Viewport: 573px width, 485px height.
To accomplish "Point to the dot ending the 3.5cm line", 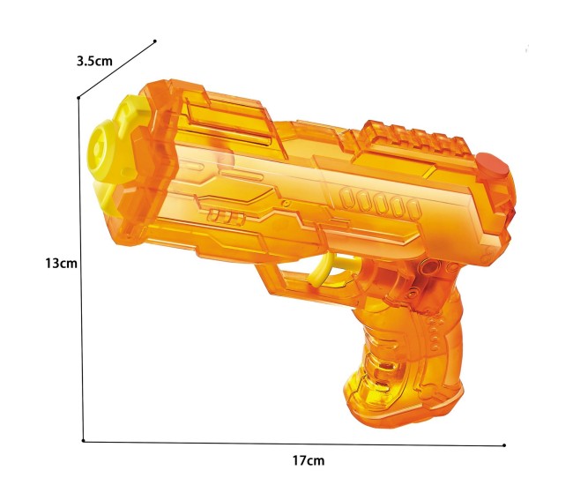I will tap(156, 41).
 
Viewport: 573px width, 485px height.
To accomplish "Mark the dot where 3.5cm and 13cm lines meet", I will tap(78, 98).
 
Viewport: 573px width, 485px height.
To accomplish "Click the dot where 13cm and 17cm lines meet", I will tap(83, 440).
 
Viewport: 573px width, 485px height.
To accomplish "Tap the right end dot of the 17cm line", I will tap(504, 445).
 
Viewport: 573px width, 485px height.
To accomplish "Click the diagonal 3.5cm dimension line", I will tap(117, 69).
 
